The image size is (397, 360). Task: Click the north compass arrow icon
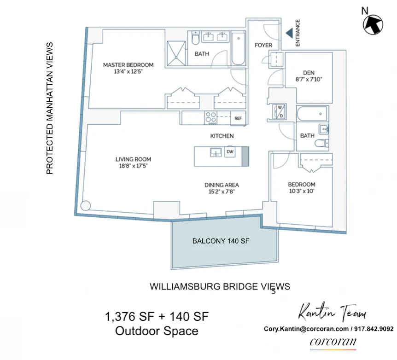click(x=374, y=24)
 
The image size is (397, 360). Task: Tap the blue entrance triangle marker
click(x=289, y=33)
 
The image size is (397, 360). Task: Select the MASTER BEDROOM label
click(x=128, y=65)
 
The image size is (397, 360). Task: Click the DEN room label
click(x=309, y=72)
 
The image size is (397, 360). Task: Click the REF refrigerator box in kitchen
click(x=238, y=118)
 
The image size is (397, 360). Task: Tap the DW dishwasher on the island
click(x=229, y=151)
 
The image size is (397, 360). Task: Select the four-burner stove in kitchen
click(x=211, y=117)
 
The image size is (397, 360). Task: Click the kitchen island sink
click(x=215, y=152)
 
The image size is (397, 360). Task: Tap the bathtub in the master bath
click(x=238, y=48)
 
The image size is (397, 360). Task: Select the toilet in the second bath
click(x=321, y=143)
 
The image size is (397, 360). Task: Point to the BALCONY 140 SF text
click(x=221, y=241)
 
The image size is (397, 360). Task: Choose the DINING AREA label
click(x=222, y=185)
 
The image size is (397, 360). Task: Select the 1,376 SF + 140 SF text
click(x=157, y=317)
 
